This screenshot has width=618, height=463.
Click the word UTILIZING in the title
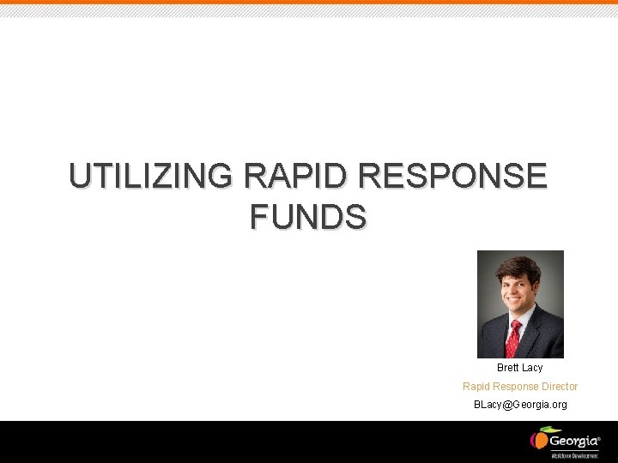pos(151,176)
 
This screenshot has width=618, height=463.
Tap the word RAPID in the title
pos(297,176)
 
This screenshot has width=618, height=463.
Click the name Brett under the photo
pos(508,368)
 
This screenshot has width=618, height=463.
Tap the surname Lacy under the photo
pos(532,368)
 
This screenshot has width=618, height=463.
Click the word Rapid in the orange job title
pos(476,387)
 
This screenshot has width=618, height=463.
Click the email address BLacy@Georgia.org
pos(520,405)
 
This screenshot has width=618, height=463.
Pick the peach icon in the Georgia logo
pos(539,440)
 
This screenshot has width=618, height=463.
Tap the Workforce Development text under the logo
pos(574,455)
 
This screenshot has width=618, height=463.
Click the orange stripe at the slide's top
pos(309,3)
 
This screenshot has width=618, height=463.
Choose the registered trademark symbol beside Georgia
pos(598,437)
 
